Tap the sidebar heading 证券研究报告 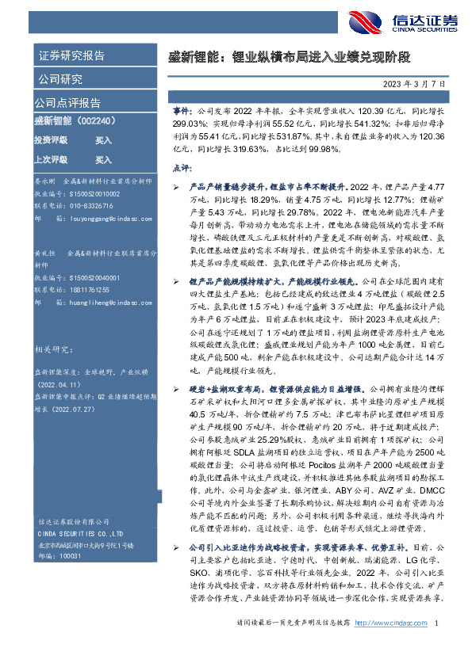click(71, 56)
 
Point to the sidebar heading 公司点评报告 click(67, 102)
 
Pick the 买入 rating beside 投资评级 click(103, 139)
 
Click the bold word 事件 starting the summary click(180, 113)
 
